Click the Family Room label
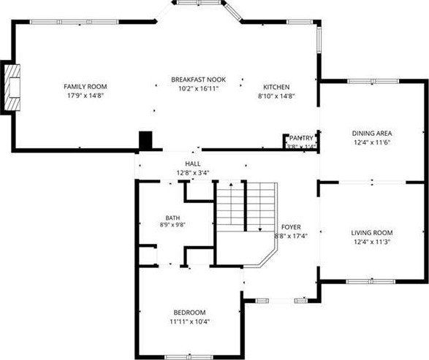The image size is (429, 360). coord(85,87)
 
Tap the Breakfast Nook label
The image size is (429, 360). coord(198,80)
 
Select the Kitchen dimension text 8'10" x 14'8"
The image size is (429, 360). coord(276,96)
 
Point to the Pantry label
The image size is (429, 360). coord(301,138)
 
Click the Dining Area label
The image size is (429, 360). coord(371,134)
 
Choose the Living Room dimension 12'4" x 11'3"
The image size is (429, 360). coord(371,242)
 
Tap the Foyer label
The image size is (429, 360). coord(291,227)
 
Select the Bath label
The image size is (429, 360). coord(172,218)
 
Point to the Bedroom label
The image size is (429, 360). coord(189,312)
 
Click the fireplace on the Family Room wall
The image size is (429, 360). coord(12,88)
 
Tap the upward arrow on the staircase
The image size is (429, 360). coord(231,204)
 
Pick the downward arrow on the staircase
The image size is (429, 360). coord(260,207)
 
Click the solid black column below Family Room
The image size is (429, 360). coord(145,140)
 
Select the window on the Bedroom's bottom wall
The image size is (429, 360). coord(189,357)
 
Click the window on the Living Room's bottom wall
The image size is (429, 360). coord(371,281)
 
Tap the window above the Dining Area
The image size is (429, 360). coord(373,81)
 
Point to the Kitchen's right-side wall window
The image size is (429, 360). coord(319,39)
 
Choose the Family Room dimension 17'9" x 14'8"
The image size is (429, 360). coord(85,96)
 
